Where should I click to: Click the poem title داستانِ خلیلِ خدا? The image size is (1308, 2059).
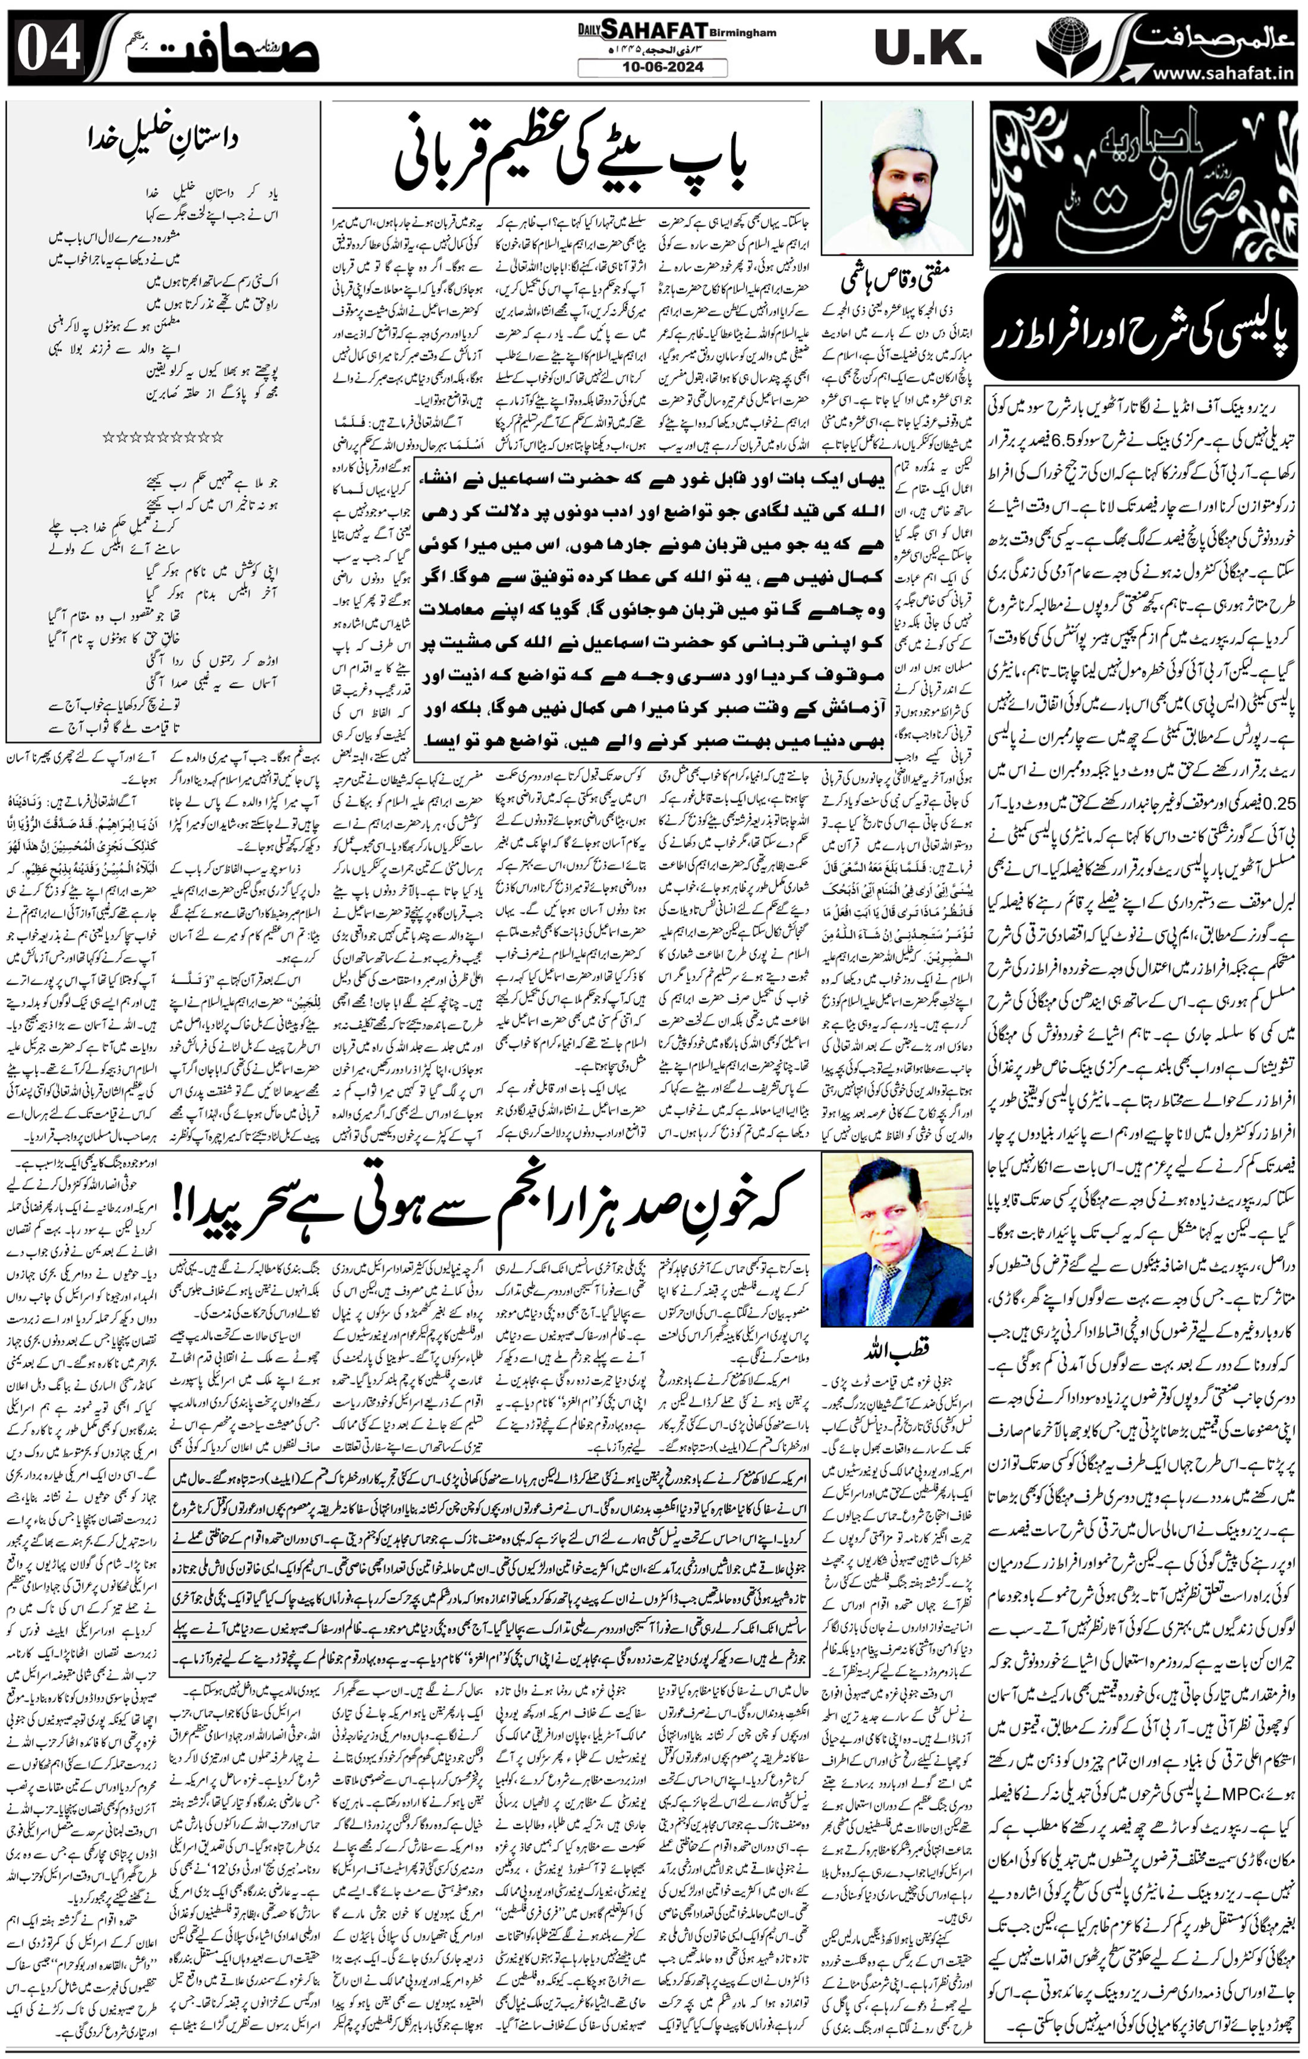pos(162,137)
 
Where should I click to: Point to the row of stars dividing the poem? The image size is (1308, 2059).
pos(162,437)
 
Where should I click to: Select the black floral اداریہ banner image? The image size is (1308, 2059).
pos(1142,184)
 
